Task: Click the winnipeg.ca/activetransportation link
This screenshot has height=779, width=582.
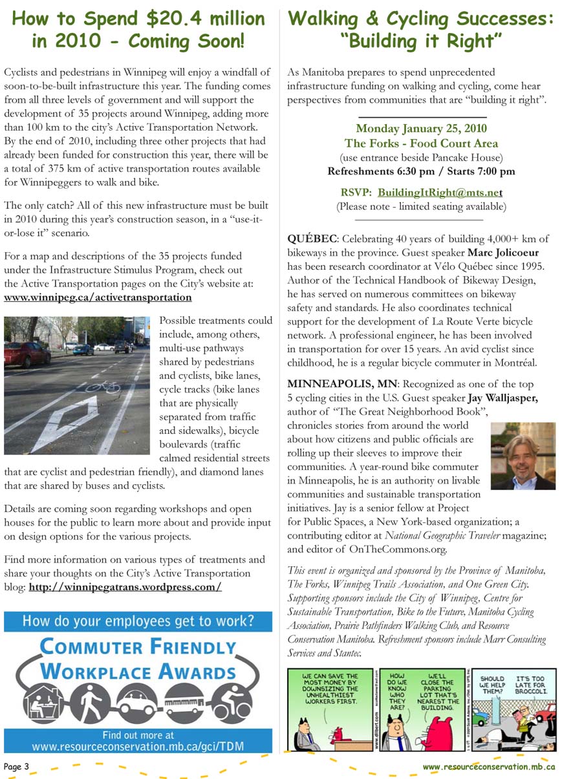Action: click(x=98, y=297)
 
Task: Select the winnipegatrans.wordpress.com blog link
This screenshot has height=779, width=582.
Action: click(x=125, y=587)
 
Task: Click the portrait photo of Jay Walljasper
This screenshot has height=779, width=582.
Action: click(x=523, y=456)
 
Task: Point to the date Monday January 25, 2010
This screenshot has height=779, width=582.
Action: click(x=421, y=129)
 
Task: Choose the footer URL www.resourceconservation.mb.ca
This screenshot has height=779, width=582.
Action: click(x=489, y=767)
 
